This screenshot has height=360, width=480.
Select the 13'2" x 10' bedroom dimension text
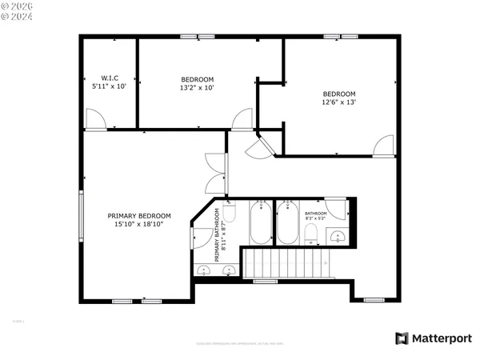click(197, 87)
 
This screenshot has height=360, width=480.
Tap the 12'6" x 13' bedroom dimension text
click(338, 102)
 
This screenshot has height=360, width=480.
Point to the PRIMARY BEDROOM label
click(140, 215)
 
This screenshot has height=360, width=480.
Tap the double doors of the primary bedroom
click(214, 174)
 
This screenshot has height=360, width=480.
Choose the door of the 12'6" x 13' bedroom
click(383, 146)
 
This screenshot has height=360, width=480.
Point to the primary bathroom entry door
click(202, 238)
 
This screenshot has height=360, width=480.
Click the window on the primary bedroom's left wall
click(80, 215)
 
